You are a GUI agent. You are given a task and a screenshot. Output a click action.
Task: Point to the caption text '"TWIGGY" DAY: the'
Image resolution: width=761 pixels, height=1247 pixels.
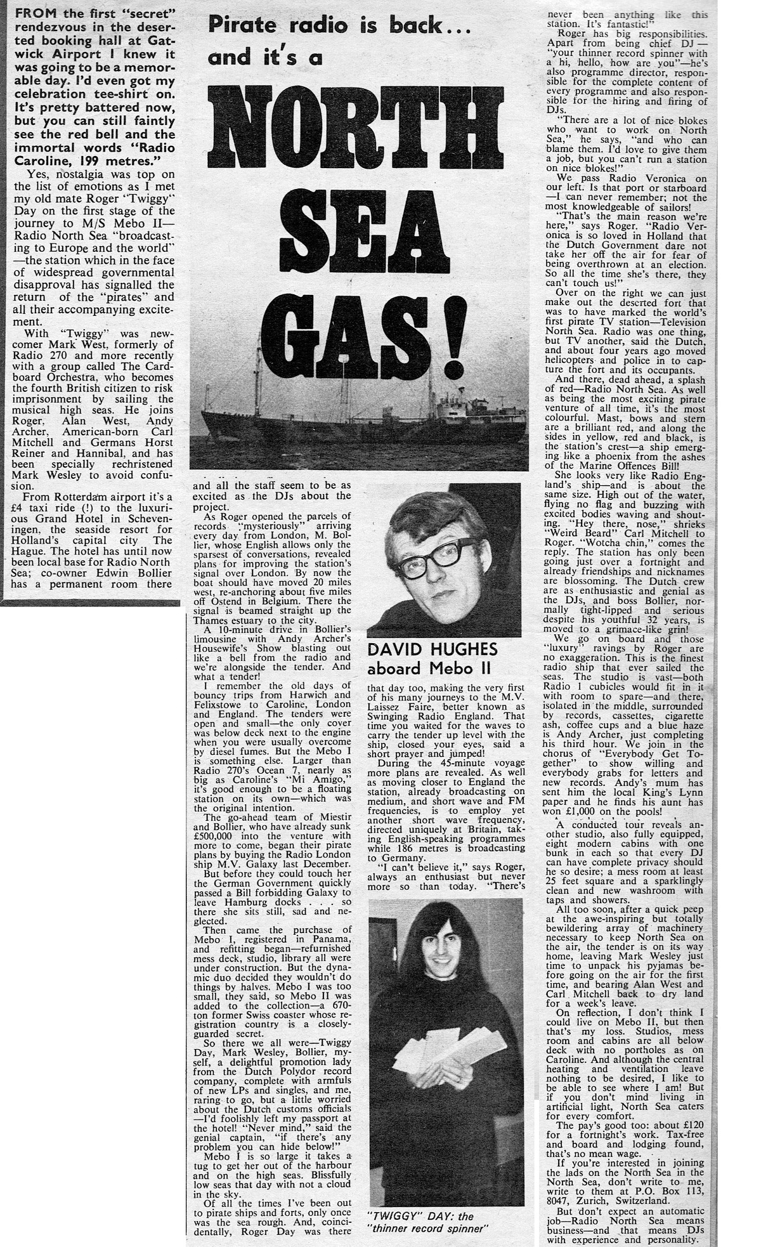click(x=420, y=1217)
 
